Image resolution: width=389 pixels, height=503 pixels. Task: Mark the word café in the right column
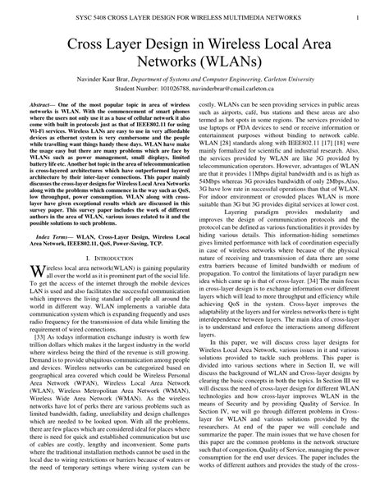click(266, 115)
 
